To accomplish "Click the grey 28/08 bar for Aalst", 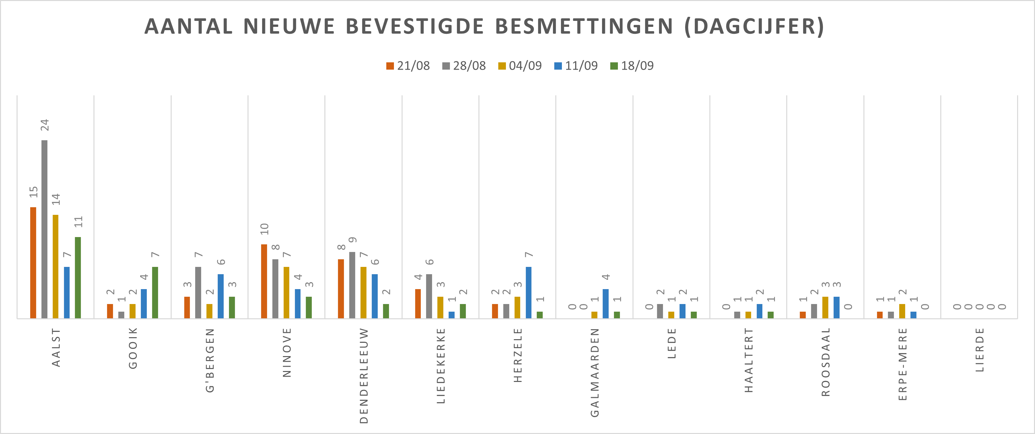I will pyautogui.click(x=44, y=229).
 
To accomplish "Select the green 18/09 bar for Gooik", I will pyautogui.click(x=155, y=292).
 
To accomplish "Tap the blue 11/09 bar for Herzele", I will pyautogui.click(x=528, y=292).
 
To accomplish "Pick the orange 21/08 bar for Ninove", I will pyautogui.click(x=264, y=281).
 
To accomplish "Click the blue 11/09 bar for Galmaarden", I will pyautogui.click(x=606, y=304).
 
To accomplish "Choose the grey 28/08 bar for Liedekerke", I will pyautogui.click(x=429, y=296).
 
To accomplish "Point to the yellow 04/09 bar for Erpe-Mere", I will pyautogui.click(x=902, y=311).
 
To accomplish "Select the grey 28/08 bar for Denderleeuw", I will pyautogui.click(x=353, y=285).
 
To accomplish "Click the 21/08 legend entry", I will pyautogui.click(x=408, y=66).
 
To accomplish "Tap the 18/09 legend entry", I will pyautogui.click(x=632, y=66).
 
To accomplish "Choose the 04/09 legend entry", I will pyautogui.click(x=520, y=66).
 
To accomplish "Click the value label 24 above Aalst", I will pyautogui.click(x=45, y=125).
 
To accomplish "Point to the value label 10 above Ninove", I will pyautogui.click(x=264, y=229).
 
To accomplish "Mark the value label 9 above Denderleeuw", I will pyautogui.click(x=353, y=240).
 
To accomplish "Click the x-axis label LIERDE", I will pyautogui.click(x=980, y=349).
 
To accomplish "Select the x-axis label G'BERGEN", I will pyautogui.click(x=210, y=360).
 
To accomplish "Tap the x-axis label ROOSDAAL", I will pyautogui.click(x=826, y=362).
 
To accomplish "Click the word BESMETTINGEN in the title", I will pyautogui.click(x=584, y=27).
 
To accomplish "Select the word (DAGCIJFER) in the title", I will pyautogui.click(x=754, y=27).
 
